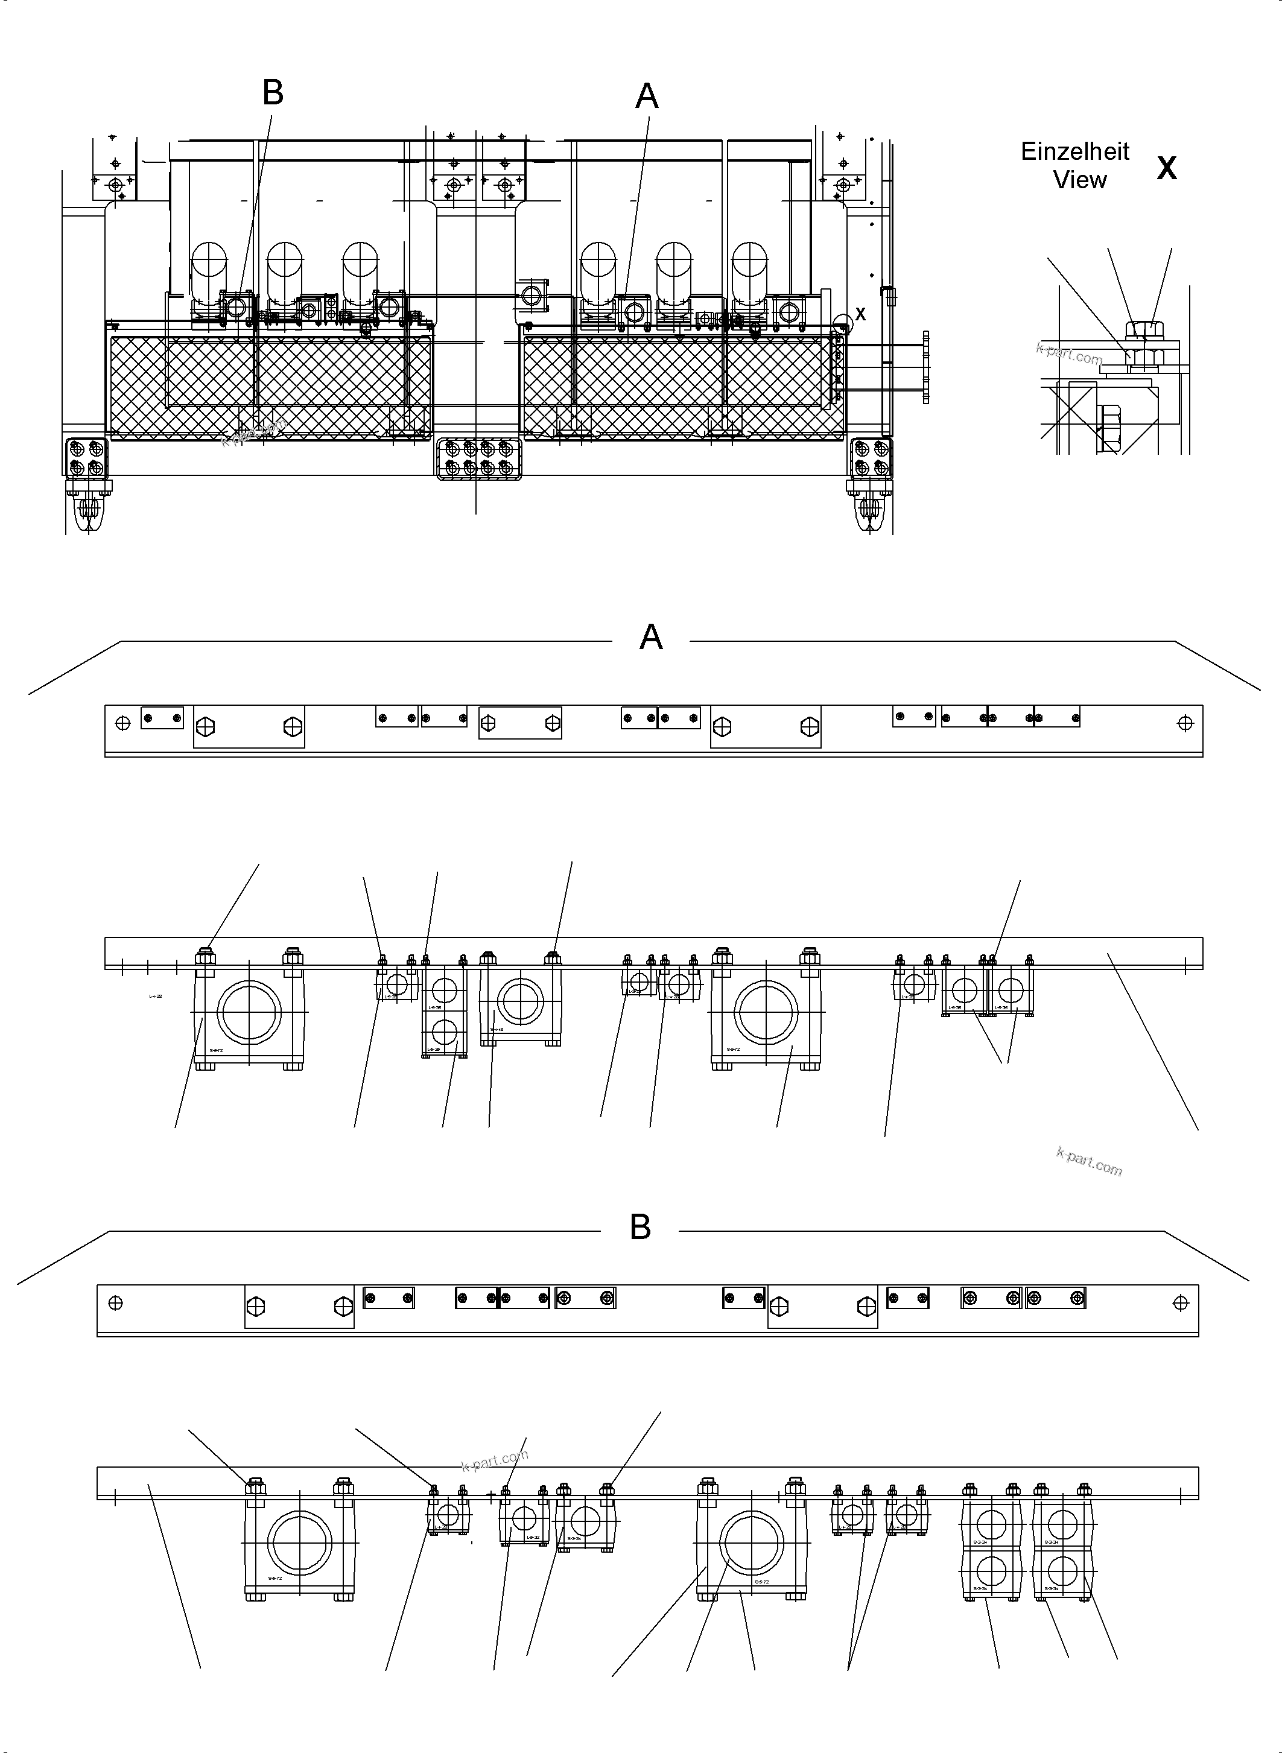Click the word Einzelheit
click(x=1075, y=151)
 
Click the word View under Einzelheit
click(x=1079, y=180)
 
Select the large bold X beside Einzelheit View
click(x=1166, y=168)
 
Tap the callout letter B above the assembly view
click(x=272, y=93)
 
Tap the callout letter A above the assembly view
click(x=647, y=97)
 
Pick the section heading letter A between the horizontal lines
click(x=650, y=638)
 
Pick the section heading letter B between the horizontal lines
click(x=640, y=1228)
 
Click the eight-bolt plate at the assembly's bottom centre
click(x=479, y=458)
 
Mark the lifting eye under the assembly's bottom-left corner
click(x=89, y=509)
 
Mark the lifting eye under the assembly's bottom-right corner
click(x=870, y=509)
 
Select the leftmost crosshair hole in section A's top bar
click(x=122, y=723)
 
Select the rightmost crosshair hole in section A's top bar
click(x=1184, y=723)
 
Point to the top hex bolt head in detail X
click(x=1138, y=330)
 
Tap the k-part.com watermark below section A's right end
click(x=1089, y=1162)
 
